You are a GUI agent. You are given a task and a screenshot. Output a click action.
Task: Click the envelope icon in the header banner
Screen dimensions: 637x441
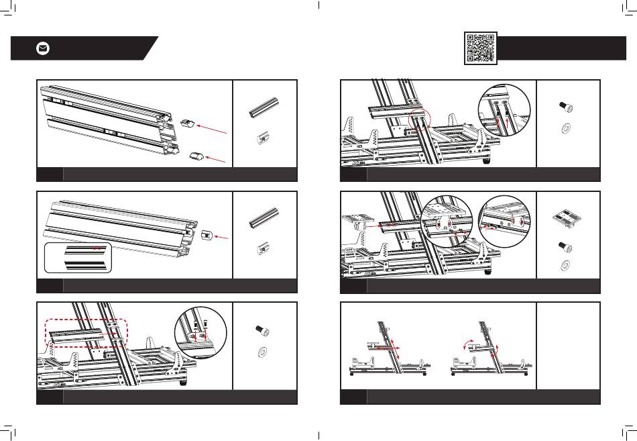pos(42,49)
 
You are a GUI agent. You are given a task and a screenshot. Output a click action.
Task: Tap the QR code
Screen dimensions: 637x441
pos(480,48)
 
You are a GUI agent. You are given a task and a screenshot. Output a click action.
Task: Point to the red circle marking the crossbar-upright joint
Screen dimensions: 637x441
pos(419,119)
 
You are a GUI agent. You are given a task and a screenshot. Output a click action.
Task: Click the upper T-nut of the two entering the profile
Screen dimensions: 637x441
pos(187,121)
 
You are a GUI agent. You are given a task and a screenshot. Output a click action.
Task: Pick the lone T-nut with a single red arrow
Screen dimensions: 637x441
pos(207,235)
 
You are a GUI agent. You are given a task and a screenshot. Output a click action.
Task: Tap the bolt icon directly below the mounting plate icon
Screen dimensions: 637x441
pos(565,246)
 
